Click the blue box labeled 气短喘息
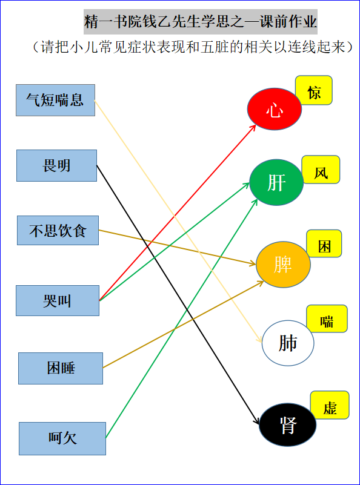(x=55, y=101)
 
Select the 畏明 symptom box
(x=56, y=165)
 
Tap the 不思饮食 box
(x=58, y=231)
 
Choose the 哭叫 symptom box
(x=58, y=301)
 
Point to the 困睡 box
(x=61, y=368)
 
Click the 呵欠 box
(x=62, y=438)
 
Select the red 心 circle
(x=275, y=109)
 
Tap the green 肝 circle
(x=276, y=182)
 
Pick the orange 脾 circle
(x=283, y=265)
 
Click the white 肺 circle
(x=288, y=343)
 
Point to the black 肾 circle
(x=287, y=424)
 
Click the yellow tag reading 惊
(x=314, y=90)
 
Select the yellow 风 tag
(x=321, y=170)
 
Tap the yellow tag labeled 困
(x=324, y=243)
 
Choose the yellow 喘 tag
(x=327, y=318)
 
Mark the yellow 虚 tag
(x=330, y=405)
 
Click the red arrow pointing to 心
(x=178, y=213)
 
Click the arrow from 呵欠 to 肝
(x=181, y=318)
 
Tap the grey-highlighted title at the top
(x=201, y=22)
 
